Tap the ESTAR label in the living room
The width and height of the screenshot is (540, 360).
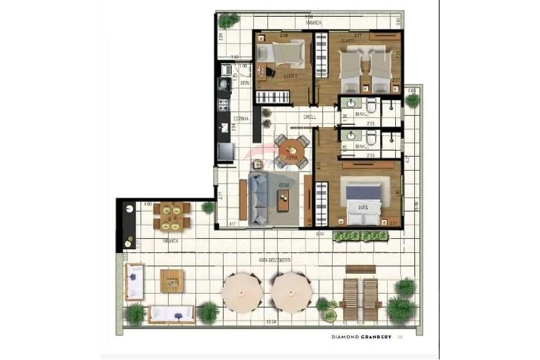[x=283, y=185]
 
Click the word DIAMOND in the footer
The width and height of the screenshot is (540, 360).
[x=347, y=338]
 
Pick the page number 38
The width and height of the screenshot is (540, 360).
[x=400, y=338]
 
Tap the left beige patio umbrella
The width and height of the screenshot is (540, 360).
[x=241, y=291]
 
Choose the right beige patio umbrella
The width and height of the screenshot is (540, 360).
[x=292, y=291]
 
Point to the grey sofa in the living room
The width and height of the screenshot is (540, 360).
[x=258, y=198]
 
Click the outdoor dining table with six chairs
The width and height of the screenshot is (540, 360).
[x=172, y=215]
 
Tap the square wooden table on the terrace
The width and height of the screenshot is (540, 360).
[x=172, y=281]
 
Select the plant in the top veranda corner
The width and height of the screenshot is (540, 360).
[x=228, y=21]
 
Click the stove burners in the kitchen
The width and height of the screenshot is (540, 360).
[x=224, y=104]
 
